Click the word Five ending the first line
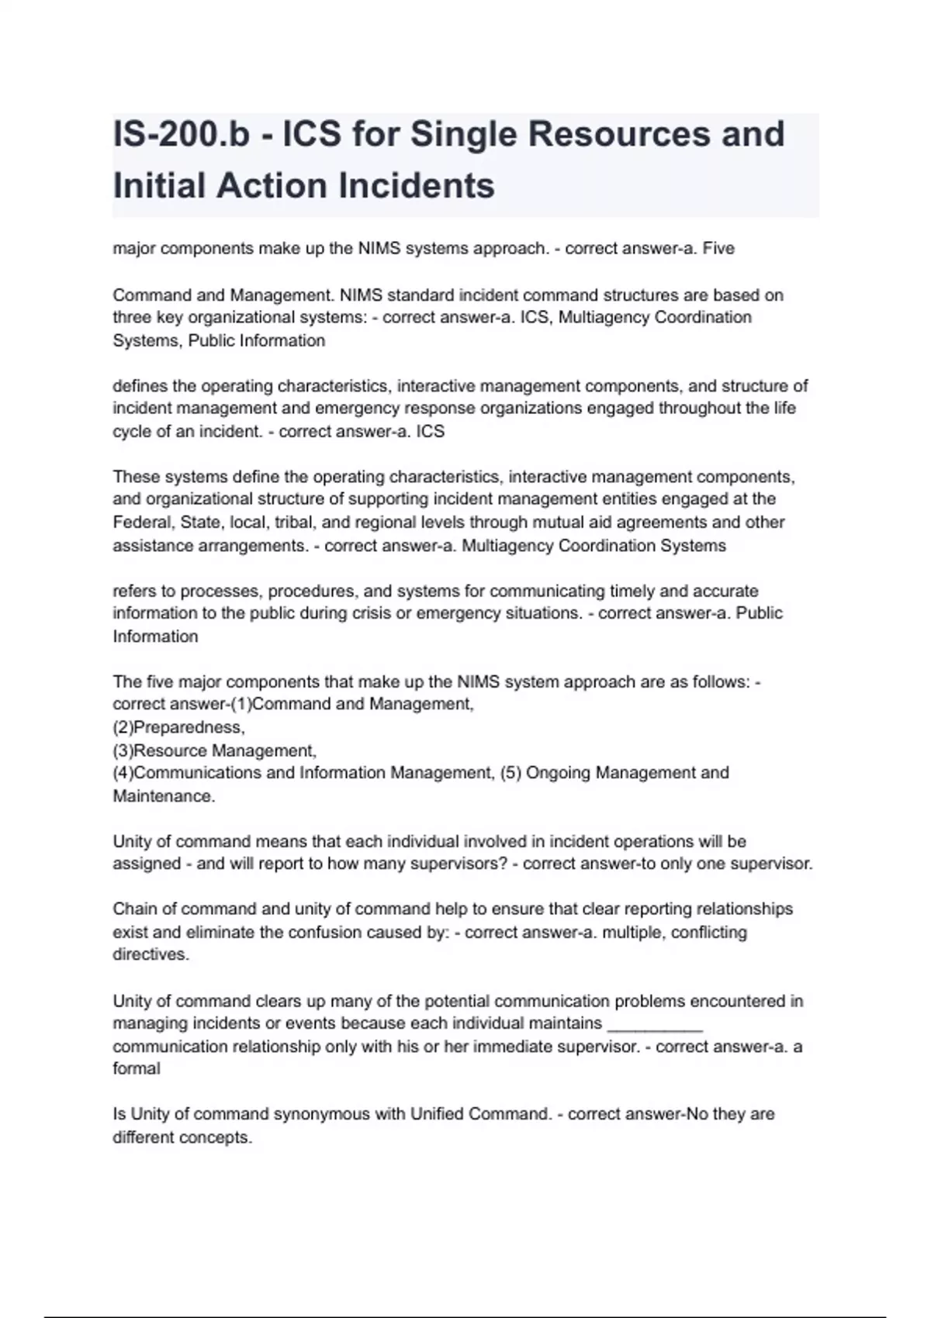pyautogui.click(x=718, y=249)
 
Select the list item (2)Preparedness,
pyautogui.click(x=178, y=728)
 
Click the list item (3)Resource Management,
pyautogui.click(x=214, y=751)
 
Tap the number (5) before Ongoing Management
pyautogui.click(x=510, y=773)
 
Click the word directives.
pyautogui.click(x=151, y=955)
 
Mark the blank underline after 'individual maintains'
pyautogui.click(x=655, y=1024)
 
